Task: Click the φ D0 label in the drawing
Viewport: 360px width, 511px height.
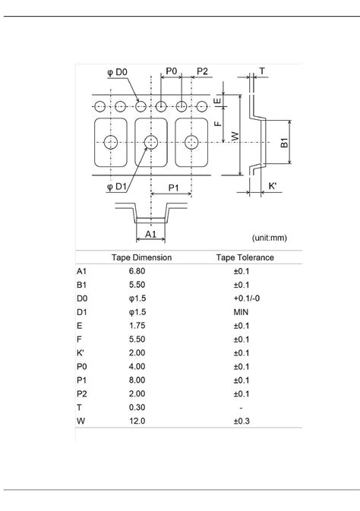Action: (117, 72)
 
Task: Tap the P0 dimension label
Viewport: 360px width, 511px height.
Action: (171, 71)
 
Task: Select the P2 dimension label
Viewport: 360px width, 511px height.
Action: (202, 71)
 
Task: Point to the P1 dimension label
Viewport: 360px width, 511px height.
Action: (173, 188)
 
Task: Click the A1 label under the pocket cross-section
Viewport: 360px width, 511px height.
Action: (150, 235)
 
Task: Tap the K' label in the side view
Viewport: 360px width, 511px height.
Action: (272, 185)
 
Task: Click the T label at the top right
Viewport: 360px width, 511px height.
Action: (262, 71)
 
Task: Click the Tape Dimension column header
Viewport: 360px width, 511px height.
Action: (141, 257)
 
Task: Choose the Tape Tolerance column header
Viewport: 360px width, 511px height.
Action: (245, 257)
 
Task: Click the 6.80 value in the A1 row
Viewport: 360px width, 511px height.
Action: (137, 270)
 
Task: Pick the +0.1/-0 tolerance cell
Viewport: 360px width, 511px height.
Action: (245, 299)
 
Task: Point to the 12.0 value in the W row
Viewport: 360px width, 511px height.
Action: (137, 420)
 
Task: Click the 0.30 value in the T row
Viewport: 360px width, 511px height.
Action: (137, 407)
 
